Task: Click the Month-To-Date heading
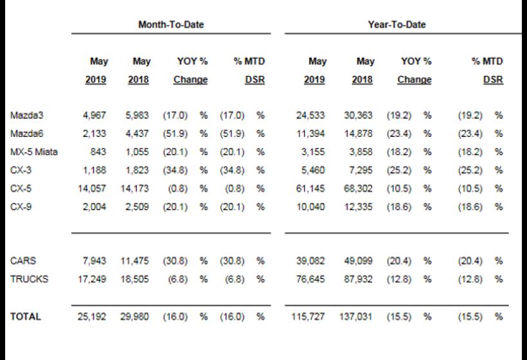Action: point(171,24)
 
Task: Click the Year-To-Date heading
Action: point(397,24)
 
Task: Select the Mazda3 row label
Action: point(27,115)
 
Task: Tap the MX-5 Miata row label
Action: point(34,152)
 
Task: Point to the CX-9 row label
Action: point(21,206)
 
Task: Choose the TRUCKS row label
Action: point(29,279)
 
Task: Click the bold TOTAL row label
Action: point(26,317)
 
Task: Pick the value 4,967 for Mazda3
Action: point(94,115)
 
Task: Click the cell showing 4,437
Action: point(137,134)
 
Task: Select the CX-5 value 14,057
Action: point(92,188)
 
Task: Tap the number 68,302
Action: point(358,188)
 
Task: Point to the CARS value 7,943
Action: point(94,261)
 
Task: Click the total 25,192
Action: point(92,317)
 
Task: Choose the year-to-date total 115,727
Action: point(308,317)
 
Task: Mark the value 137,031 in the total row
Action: point(355,317)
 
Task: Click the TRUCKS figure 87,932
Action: point(358,279)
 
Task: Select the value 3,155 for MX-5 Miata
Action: point(313,152)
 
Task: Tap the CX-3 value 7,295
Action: point(361,170)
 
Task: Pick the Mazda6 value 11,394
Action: point(310,134)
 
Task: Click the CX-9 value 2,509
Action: point(137,206)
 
